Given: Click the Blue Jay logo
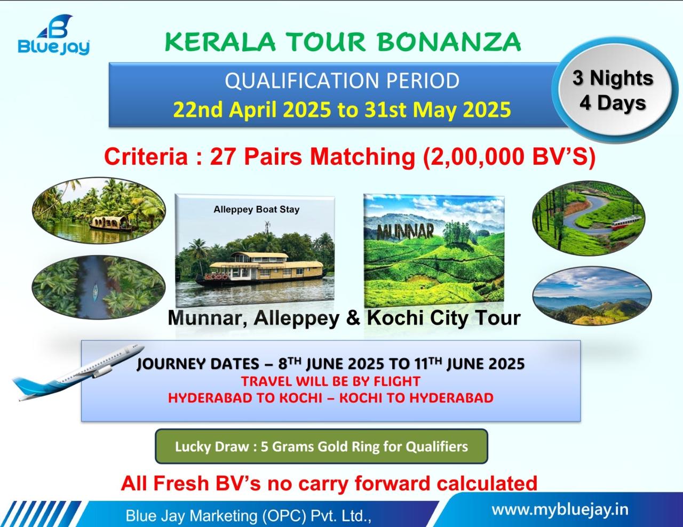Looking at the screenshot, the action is (54, 35).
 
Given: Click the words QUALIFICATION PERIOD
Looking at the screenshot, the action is (342, 81).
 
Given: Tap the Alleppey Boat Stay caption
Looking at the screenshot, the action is (256, 210).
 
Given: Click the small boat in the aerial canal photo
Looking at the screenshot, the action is (95, 292).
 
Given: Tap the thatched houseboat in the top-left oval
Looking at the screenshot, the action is (110, 223).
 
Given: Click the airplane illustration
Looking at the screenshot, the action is (78, 372).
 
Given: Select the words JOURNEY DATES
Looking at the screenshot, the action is (198, 364).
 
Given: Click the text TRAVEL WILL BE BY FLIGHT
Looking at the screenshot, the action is (331, 381).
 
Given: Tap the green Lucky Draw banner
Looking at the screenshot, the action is (321, 446).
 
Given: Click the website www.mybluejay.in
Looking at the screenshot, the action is (560, 509).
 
